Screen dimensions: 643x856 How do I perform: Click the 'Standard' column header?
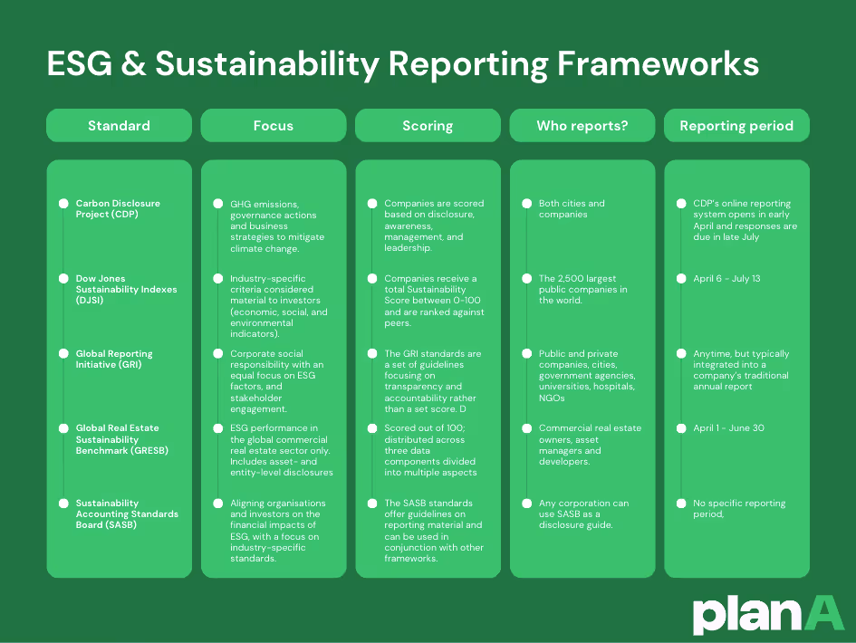119,126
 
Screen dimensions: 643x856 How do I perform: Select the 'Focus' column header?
273,126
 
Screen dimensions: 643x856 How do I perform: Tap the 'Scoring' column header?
428,126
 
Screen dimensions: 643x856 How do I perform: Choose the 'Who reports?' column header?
582,126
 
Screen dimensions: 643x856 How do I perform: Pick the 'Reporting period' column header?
736,126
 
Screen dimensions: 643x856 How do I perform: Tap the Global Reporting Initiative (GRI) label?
114,360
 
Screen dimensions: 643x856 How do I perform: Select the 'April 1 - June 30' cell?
722,428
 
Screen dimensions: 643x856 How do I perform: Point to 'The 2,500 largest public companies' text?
582,290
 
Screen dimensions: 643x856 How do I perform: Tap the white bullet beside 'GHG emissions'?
218,204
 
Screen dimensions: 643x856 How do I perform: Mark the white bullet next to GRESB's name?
63,428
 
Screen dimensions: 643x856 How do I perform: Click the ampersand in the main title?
130,64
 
